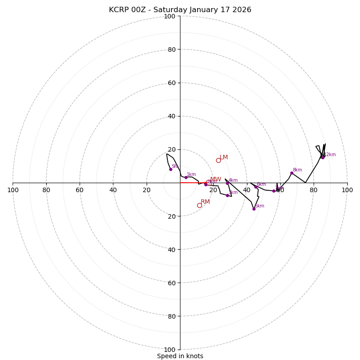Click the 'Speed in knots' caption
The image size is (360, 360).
[180, 356]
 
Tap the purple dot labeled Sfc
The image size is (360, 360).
[171, 169]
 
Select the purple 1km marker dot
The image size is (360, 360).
[186, 177]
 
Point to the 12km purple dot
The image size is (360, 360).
[323, 157]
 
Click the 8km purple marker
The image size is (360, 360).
[292, 173]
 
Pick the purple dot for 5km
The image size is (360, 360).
[254, 209]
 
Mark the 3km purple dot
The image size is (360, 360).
[227, 195]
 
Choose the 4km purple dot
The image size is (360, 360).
[227, 183]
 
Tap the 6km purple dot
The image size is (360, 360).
[256, 187]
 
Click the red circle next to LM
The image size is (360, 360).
[218, 160]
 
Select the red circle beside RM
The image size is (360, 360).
[199, 205]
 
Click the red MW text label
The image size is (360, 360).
[216, 179]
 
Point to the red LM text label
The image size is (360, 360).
[224, 157]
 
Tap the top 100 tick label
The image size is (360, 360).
[169, 17]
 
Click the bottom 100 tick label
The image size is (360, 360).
[169, 350]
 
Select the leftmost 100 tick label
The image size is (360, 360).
[13, 190]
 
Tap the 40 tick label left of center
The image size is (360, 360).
[113, 190]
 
